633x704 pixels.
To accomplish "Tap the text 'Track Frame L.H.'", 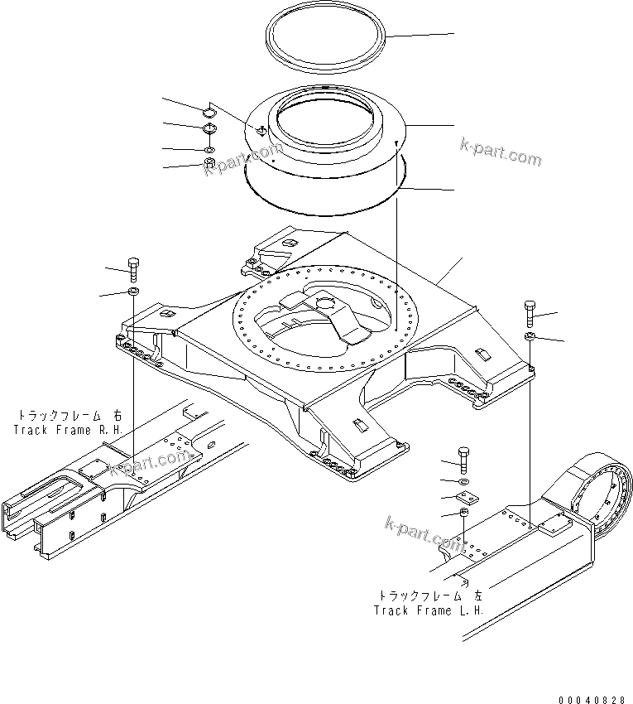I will click(x=428, y=610).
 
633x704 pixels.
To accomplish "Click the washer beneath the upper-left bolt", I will click(x=134, y=292).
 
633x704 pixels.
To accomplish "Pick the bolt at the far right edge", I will click(x=530, y=315).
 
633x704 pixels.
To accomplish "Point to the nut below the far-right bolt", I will click(x=530, y=336).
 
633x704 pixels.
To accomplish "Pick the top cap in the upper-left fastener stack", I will click(x=209, y=110).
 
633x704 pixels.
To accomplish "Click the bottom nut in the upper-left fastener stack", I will click(x=209, y=162).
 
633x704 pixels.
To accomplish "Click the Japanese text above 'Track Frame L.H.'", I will click(x=431, y=596).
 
